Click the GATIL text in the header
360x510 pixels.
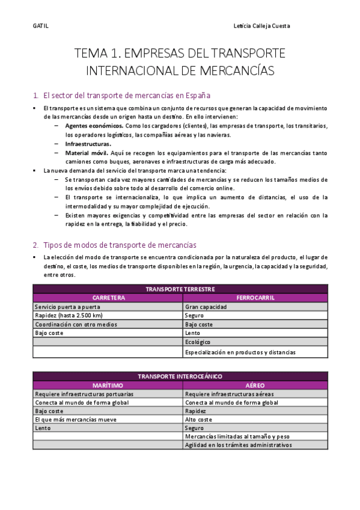coord(40,26)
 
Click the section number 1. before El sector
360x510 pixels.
coord(36,95)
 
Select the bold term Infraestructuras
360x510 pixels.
coord(88,144)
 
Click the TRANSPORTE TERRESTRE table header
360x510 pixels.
coord(180,289)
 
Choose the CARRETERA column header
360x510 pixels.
coord(108,298)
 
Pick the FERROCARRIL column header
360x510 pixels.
coord(256,298)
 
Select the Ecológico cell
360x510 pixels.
coord(198,342)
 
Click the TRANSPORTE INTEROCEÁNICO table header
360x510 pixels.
coord(180,376)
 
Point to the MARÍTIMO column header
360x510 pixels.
coord(108,385)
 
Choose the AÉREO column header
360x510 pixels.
coord(256,385)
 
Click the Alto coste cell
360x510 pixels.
coord(199,420)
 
